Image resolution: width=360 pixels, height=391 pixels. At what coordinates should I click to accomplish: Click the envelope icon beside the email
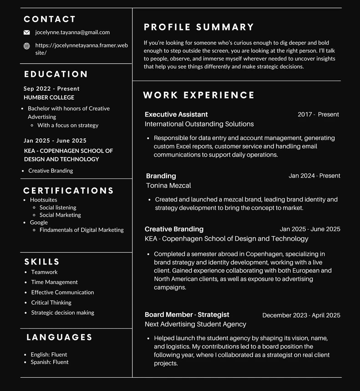coord(27,32)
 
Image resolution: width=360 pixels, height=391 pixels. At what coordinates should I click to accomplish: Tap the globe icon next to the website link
coord(27,46)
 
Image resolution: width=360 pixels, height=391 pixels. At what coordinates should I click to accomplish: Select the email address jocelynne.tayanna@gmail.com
coord(72,32)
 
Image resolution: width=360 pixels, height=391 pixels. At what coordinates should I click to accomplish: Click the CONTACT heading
coord(50,19)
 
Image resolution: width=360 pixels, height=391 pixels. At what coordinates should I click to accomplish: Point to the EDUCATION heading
coord(56,74)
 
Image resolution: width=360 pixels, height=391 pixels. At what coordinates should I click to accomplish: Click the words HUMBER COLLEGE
coord(49,97)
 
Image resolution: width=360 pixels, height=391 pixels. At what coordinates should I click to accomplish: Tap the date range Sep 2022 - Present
coord(51,89)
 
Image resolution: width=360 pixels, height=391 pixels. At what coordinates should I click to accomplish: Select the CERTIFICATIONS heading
coord(68,191)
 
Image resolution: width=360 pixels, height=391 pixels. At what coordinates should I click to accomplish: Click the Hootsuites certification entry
coord(44,200)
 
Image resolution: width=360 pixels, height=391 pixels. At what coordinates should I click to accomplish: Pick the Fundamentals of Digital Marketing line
coord(81,230)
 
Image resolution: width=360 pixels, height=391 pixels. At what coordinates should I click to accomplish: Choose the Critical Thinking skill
coord(51,302)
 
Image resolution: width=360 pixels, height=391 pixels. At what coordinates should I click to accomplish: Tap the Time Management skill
coord(55,282)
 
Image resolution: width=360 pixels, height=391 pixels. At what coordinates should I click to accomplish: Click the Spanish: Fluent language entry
coord(50,362)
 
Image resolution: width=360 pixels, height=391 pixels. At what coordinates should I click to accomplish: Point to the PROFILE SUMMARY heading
coord(199,27)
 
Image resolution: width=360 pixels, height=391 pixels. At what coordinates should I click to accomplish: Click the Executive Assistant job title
coord(176,114)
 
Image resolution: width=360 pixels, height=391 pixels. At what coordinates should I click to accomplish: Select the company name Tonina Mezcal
coord(168,185)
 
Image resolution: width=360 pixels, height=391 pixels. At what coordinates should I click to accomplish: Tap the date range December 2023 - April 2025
coord(301,315)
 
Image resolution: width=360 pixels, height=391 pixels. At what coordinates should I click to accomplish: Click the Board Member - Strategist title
coord(187,315)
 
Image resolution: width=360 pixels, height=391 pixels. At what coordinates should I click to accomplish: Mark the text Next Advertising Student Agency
coord(195,324)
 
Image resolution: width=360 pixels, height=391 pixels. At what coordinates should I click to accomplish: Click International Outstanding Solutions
coord(199,124)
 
